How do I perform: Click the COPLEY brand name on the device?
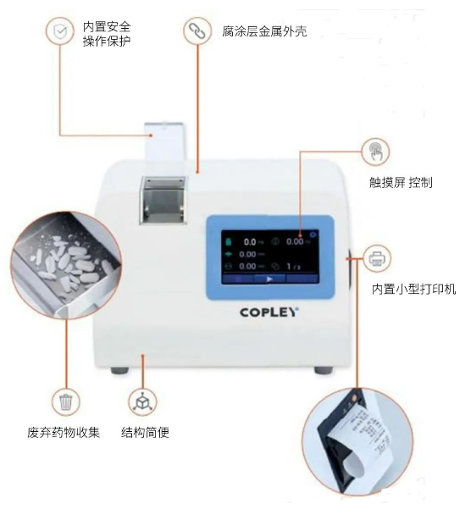[266, 312]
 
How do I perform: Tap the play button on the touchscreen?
[269, 278]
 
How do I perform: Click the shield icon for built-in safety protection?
[58, 31]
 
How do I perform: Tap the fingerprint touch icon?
[376, 152]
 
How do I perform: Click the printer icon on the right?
[377, 256]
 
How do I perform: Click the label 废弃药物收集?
[64, 433]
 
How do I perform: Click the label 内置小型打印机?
[413, 290]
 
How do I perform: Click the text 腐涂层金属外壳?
[268, 31]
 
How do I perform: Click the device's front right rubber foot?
[322, 368]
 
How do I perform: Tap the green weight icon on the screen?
[227, 241]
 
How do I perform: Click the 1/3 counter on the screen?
[292, 265]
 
